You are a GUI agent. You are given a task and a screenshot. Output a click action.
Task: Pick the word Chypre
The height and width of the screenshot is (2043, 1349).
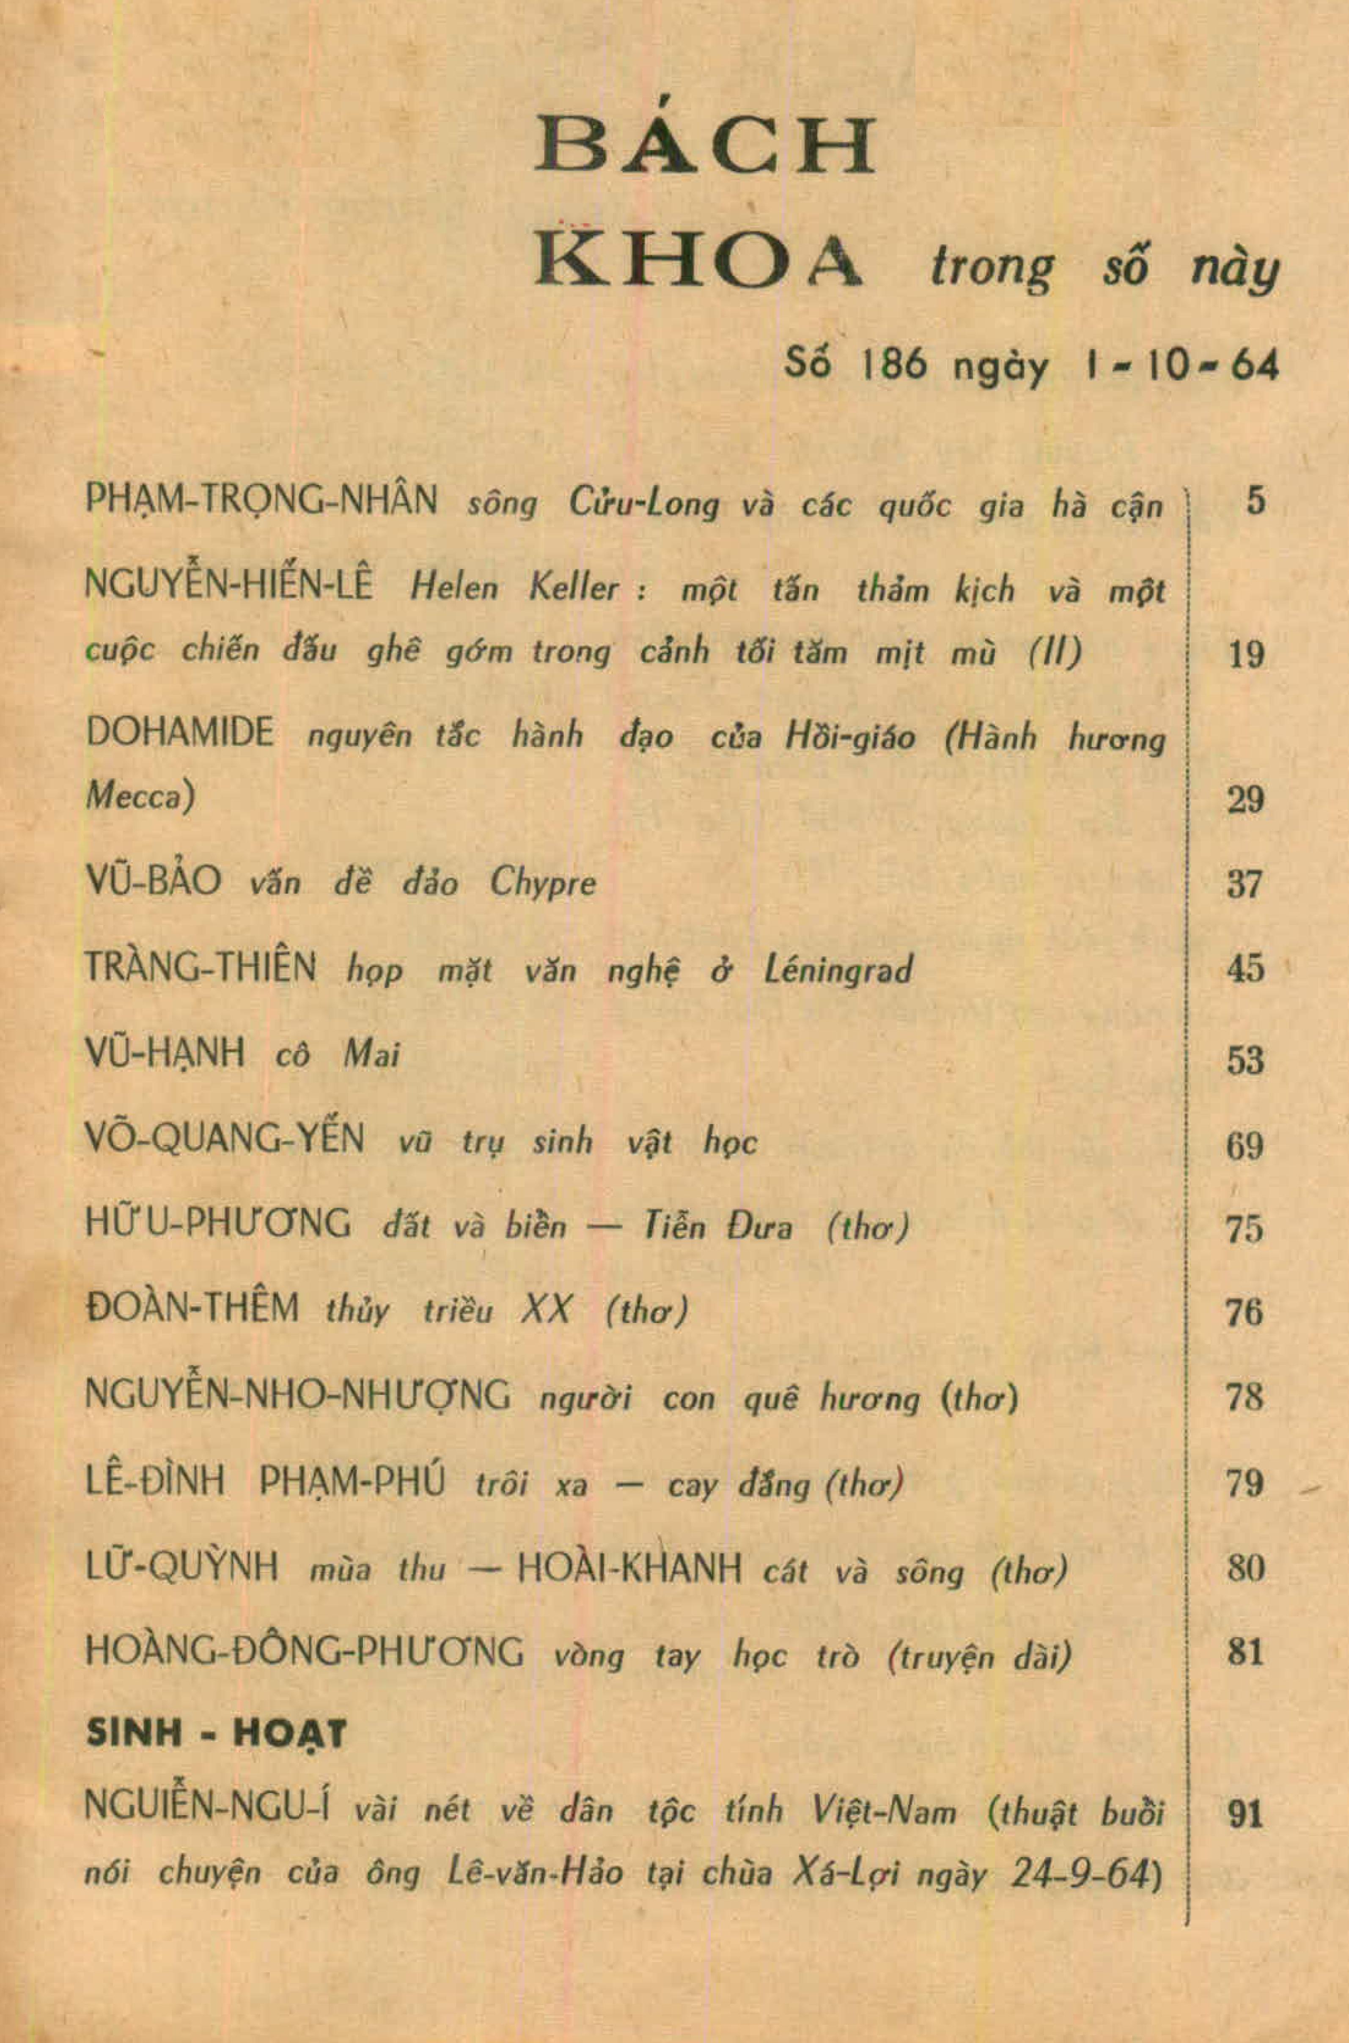[x=542, y=882]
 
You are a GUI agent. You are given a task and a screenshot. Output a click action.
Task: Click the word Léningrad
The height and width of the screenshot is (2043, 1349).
[x=838, y=969]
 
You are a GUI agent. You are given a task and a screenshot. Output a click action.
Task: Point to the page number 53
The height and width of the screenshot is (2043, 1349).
[x=1245, y=1060]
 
